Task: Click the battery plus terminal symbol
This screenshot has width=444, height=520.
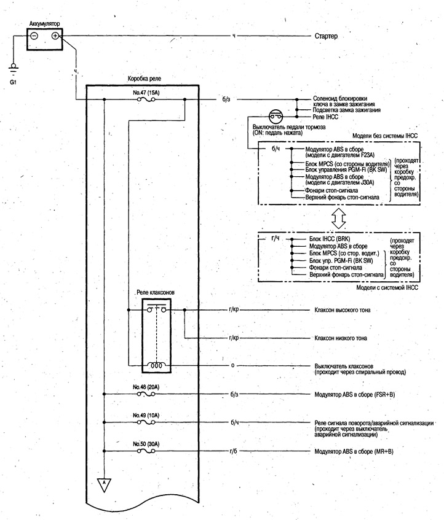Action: pyautogui.click(x=55, y=36)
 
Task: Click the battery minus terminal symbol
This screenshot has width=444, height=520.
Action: pyautogui.click(x=34, y=36)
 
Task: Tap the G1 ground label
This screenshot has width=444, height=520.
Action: pyautogui.click(x=13, y=82)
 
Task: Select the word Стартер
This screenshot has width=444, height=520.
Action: pyautogui.click(x=326, y=36)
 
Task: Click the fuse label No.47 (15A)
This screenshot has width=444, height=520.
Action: pyautogui.click(x=146, y=93)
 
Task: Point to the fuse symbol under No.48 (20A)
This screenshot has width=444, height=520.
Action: pyautogui.click(x=146, y=394)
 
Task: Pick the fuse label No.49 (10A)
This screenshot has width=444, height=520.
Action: pyautogui.click(x=146, y=415)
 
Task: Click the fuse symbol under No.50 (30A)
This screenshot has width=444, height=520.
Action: pyautogui.click(x=146, y=451)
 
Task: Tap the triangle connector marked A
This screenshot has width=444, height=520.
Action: pyautogui.click(x=104, y=484)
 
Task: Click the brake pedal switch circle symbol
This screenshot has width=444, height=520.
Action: pyautogui.click(x=276, y=117)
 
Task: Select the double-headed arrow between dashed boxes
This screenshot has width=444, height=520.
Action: pyautogui.click(x=339, y=219)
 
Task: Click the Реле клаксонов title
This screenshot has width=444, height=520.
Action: pyautogui.click(x=156, y=292)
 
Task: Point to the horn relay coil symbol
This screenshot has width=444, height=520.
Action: pyautogui.click(x=156, y=365)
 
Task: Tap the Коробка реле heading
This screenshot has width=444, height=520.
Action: pyautogui.click(x=145, y=79)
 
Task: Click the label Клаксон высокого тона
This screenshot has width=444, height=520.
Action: pyautogui.click(x=343, y=310)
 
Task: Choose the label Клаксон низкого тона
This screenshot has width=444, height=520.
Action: pyautogui.click(x=341, y=338)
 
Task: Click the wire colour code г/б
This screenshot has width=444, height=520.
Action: pyautogui.click(x=234, y=451)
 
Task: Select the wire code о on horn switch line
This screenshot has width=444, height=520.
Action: pyautogui.click(x=232, y=365)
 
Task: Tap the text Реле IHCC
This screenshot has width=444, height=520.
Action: pyautogui.click(x=325, y=117)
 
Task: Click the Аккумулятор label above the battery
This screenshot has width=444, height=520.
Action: pyautogui.click(x=44, y=24)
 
